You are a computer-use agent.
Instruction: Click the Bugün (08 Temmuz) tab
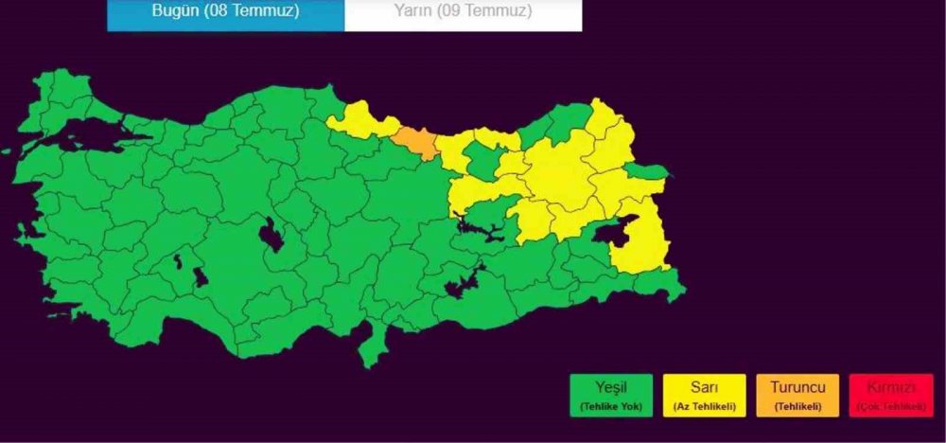coord(225,12)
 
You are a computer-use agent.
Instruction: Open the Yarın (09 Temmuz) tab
coord(463,12)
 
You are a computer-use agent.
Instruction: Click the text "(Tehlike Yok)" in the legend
coord(612,406)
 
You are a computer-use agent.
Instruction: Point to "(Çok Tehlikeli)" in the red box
coord(890,406)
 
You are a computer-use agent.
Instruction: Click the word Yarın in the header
coord(414,12)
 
